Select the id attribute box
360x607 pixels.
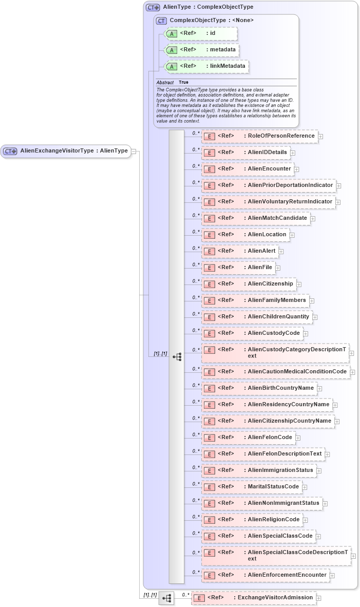[200, 34]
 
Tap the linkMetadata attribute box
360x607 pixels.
[206, 66]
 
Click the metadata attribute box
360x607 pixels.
[201, 50]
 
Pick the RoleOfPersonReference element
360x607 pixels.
[260, 136]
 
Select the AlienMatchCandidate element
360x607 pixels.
[256, 218]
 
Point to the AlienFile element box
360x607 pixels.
[238, 268]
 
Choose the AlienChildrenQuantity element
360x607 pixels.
[257, 317]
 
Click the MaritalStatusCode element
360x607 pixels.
[252, 487]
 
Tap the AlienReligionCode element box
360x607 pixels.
[253, 520]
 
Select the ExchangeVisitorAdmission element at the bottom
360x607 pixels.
[254, 598]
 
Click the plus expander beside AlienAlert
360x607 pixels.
[281, 252]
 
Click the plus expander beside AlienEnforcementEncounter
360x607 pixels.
[332, 576]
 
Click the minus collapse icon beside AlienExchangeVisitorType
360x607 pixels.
[134, 151]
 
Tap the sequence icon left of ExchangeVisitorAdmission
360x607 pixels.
[166, 598]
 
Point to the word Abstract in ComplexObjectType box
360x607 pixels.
[165, 82]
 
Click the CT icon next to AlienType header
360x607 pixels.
[153, 7]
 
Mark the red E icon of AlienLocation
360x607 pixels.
[209, 235]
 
